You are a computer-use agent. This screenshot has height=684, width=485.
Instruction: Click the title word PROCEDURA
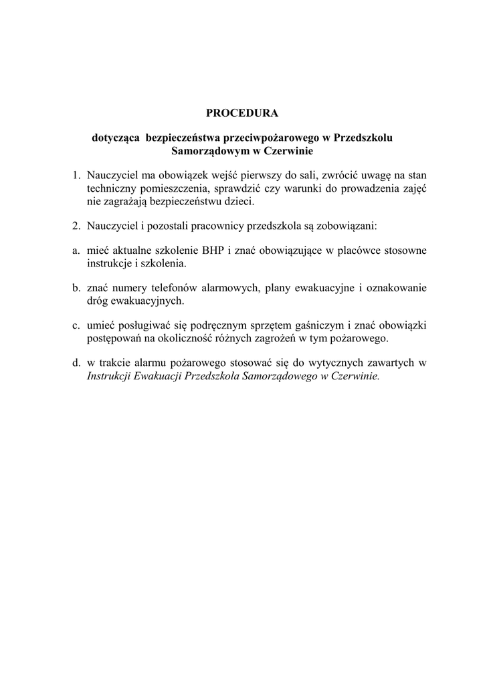point(241,113)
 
